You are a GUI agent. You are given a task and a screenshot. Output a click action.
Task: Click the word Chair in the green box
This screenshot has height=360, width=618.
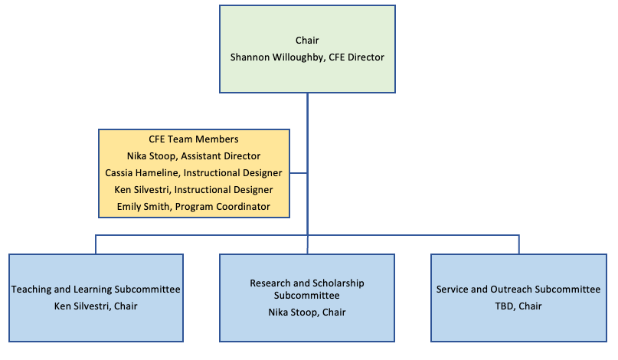(x=307, y=40)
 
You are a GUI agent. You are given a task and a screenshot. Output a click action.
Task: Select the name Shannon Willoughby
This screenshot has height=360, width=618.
(x=276, y=57)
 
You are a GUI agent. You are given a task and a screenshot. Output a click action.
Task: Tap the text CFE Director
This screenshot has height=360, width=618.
(x=356, y=57)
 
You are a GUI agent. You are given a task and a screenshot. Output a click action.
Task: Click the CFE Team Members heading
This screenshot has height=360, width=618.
(x=194, y=139)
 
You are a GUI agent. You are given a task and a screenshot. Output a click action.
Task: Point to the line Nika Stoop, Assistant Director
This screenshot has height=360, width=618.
(x=194, y=156)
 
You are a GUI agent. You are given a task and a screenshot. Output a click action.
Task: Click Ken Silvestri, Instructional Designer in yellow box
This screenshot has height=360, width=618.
(x=194, y=190)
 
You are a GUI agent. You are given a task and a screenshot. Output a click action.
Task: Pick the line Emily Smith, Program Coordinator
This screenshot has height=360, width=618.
(x=194, y=207)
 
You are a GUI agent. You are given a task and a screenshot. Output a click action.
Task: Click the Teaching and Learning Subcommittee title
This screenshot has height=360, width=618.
(x=96, y=290)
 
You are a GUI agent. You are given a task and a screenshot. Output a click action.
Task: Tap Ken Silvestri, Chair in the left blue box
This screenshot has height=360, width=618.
(x=96, y=306)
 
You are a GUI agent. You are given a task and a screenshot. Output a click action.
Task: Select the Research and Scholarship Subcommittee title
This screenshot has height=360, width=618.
(x=307, y=289)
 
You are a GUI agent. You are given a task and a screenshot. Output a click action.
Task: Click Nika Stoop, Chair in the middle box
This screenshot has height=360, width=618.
(x=307, y=312)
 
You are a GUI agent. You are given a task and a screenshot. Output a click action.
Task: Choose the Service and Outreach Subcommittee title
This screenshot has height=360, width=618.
(x=518, y=290)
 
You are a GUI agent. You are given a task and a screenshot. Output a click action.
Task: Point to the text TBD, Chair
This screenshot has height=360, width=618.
(x=518, y=306)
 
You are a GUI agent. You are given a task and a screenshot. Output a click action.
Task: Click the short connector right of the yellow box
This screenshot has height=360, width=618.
(x=299, y=173)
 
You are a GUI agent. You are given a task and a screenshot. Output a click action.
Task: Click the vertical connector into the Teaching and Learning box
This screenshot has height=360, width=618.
(x=96, y=244)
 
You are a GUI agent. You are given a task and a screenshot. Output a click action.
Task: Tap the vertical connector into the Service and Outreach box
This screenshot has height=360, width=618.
(x=519, y=244)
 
